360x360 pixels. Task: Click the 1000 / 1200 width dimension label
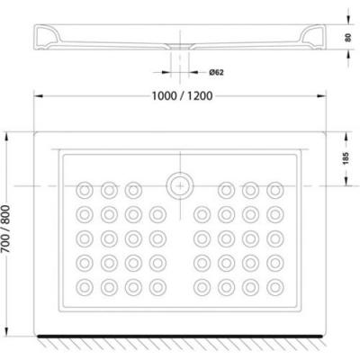[x=182, y=96]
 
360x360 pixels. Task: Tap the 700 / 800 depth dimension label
[x=6, y=229]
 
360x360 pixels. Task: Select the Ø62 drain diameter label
[x=216, y=72]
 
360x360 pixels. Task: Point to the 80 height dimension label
[x=348, y=38]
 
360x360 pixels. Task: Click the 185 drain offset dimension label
[x=346, y=158]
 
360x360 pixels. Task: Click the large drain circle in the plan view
[x=180, y=185]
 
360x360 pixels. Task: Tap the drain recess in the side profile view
[x=180, y=46]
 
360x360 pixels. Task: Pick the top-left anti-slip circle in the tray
[x=85, y=190]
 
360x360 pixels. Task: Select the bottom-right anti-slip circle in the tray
[x=275, y=287]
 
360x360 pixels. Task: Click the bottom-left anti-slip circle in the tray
[x=85, y=287]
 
